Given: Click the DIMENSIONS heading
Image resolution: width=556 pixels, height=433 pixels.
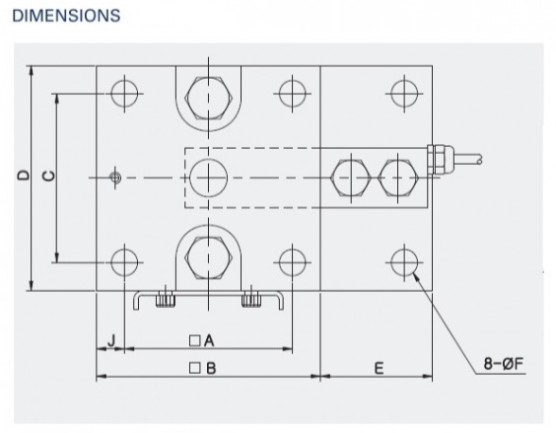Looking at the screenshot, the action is pyautogui.click(x=66, y=16).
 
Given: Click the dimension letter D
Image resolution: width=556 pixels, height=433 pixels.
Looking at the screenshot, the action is pyautogui.click(x=24, y=175).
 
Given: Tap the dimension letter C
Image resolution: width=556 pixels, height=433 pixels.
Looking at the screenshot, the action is pyautogui.click(x=48, y=176).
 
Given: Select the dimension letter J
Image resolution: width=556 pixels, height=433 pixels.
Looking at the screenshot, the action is pyautogui.click(x=111, y=340).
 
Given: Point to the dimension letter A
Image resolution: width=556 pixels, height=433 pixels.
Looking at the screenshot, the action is pyautogui.click(x=209, y=340).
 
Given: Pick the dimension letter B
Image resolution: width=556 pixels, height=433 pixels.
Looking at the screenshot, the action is pyautogui.click(x=211, y=368).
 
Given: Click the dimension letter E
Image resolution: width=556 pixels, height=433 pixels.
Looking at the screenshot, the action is pyautogui.click(x=380, y=368).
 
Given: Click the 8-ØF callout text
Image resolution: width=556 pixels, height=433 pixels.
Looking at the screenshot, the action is pyautogui.click(x=504, y=363).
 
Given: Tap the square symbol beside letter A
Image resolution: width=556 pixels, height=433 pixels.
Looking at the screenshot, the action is pyautogui.click(x=194, y=340).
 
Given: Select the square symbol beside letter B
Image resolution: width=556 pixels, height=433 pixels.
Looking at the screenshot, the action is pyautogui.click(x=194, y=368).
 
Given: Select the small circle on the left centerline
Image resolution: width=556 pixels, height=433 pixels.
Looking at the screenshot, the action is pyautogui.click(x=115, y=178).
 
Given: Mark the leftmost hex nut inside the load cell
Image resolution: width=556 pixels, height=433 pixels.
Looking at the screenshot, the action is pyautogui.click(x=351, y=178).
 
